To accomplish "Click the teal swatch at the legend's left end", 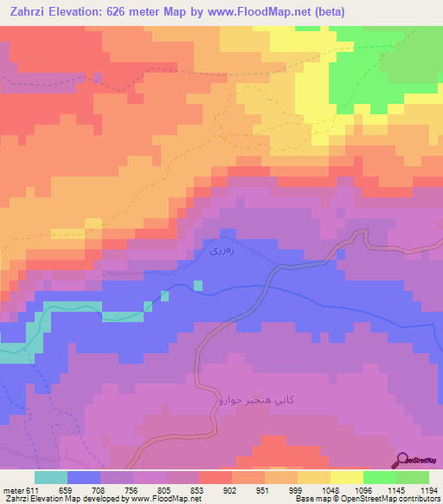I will (x=51, y=477).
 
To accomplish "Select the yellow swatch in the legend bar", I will (x=347, y=477).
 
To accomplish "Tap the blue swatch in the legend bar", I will (x=84, y=477).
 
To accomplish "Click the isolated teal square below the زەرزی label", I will (x=198, y=285).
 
